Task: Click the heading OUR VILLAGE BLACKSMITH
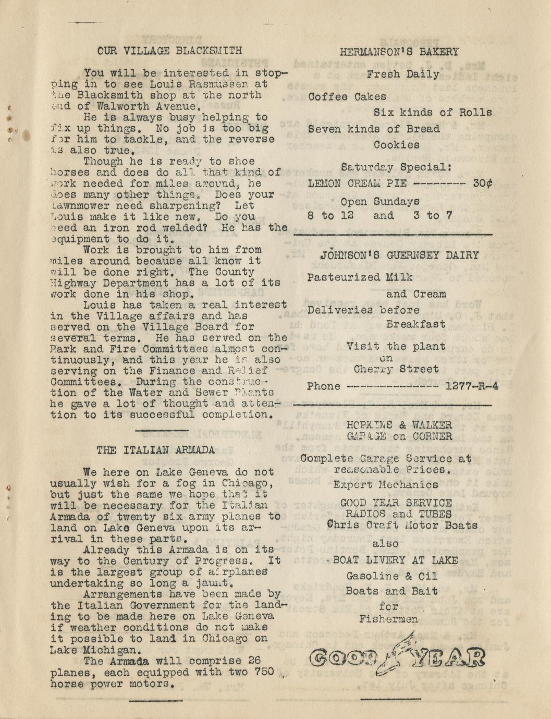(x=169, y=51)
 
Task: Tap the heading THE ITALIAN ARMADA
(x=156, y=450)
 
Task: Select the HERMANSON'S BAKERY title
(x=399, y=52)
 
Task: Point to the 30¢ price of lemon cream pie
(x=483, y=184)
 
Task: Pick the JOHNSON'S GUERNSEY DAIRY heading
(x=399, y=255)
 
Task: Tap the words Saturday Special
(x=396, y=167)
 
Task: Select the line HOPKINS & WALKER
(x=399, y=425)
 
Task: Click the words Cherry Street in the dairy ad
(x=396, y=369)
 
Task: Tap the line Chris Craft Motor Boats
(x=402, y=525)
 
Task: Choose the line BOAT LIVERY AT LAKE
(x=395, y=560)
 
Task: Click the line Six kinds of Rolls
(x=433, y=112)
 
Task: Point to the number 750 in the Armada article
(x=264, y=672)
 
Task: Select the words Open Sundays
(x=379, y=201)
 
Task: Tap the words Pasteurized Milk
(x=360, y=277)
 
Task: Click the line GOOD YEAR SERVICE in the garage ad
(x=396, y=503)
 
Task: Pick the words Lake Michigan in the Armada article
(x=95, y=650)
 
